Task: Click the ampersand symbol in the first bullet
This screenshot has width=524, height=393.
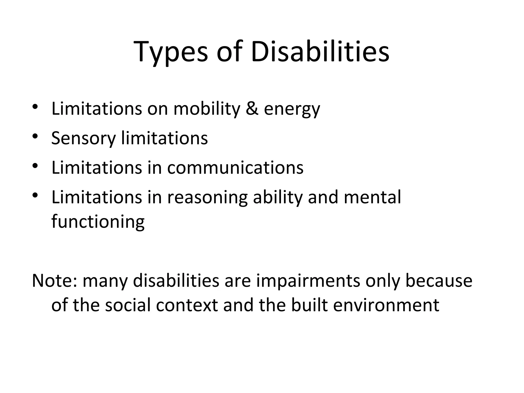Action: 252,108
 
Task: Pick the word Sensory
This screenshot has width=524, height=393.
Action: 83,138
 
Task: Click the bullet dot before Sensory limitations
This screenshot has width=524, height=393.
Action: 35,136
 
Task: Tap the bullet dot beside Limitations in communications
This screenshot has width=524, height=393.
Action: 35,166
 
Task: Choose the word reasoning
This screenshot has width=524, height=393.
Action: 207,198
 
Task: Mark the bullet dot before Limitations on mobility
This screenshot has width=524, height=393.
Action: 35,107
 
